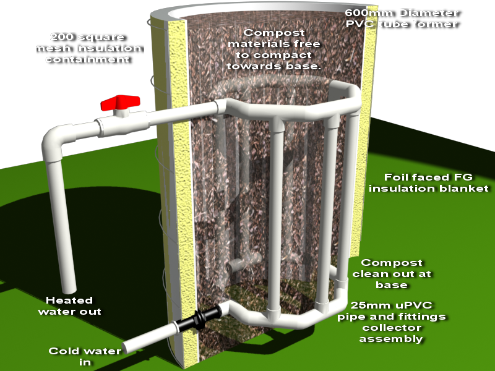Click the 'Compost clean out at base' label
(x=396, y=274)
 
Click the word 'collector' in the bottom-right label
(x=390, y=328)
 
